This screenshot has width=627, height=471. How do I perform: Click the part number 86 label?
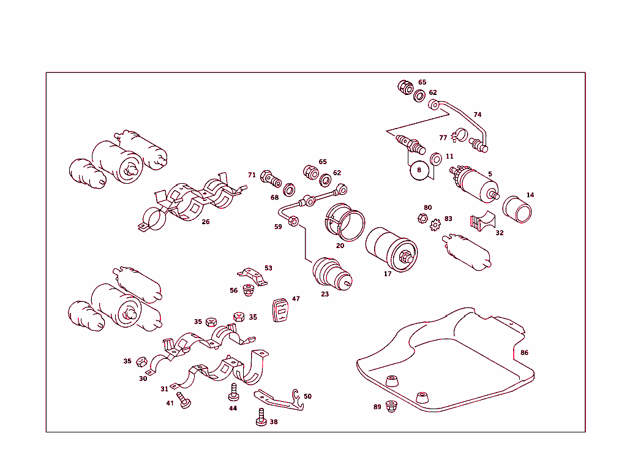[524, 353]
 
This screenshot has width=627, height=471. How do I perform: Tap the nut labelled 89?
[392, 407]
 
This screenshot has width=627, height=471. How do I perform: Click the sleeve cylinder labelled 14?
[517, 209]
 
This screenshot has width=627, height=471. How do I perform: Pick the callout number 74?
[478, 115]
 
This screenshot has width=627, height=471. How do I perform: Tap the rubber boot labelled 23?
[331, 274]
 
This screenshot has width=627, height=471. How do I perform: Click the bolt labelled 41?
[184, 401]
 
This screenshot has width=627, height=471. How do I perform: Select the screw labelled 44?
[233, 391]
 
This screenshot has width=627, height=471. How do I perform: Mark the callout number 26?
[206, 222]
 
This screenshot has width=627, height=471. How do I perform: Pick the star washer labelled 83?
[436, 225]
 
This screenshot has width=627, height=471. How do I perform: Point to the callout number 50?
[307, 396]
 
